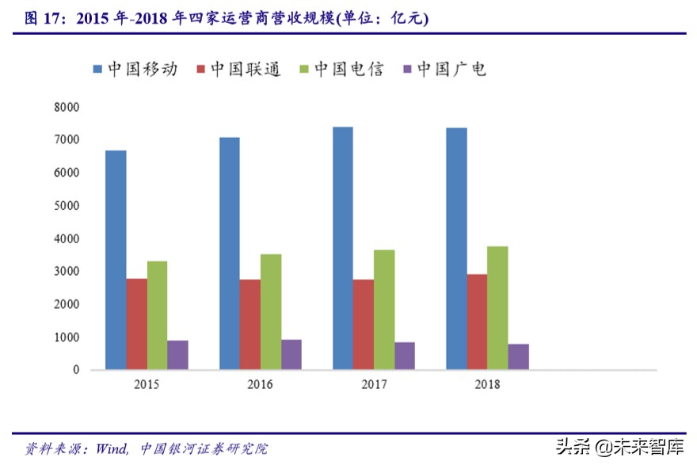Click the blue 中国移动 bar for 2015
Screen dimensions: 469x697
tap(116, 260)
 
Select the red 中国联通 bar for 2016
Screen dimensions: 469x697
tap(249, 324)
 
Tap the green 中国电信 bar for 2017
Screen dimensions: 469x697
tap(384, 310)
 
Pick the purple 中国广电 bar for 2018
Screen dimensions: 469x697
tap(518, 357)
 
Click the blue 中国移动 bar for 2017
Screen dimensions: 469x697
tap(342, 248)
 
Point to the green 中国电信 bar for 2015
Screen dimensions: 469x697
tap(157, 315)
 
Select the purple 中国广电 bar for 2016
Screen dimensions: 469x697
tap(291, 354)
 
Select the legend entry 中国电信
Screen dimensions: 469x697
tap(341, 69)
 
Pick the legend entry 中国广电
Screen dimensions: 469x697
tap(444, 69)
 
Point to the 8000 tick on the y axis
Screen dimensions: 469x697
tap(67, 106)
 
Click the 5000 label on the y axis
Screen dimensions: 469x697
tap(67, 205)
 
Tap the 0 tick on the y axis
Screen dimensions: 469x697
tap(76, 370)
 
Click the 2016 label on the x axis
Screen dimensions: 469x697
tap(260, 384)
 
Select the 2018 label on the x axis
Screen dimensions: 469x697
tap(486, 384)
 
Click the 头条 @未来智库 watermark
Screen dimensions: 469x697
tap(620, 448)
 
